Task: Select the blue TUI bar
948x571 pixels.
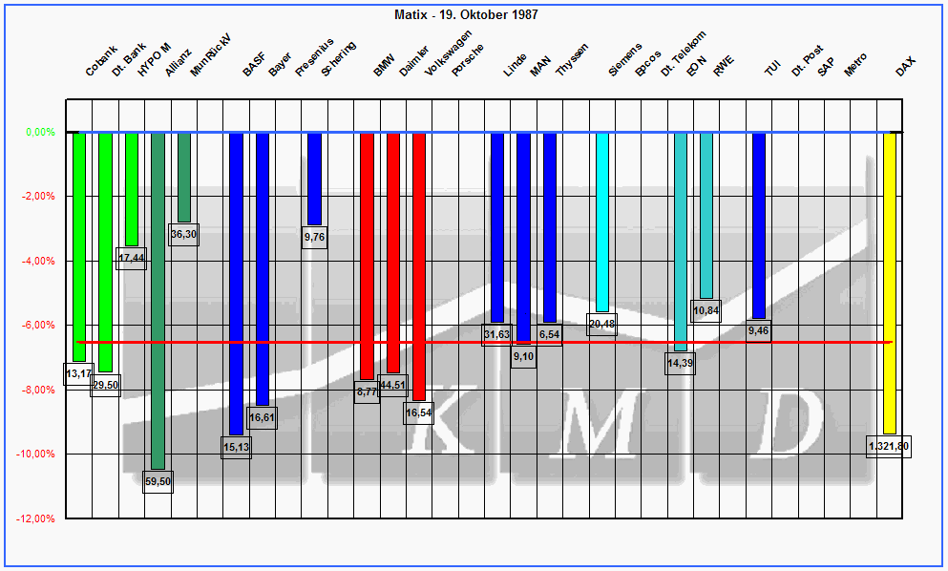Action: [759, 225]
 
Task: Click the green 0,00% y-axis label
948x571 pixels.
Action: [39, 133]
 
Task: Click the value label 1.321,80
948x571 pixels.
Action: [889, 446]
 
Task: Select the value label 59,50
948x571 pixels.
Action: [158, 482]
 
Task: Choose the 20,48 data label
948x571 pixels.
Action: [602, 325]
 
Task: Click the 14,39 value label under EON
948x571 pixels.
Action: [680, 364]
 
